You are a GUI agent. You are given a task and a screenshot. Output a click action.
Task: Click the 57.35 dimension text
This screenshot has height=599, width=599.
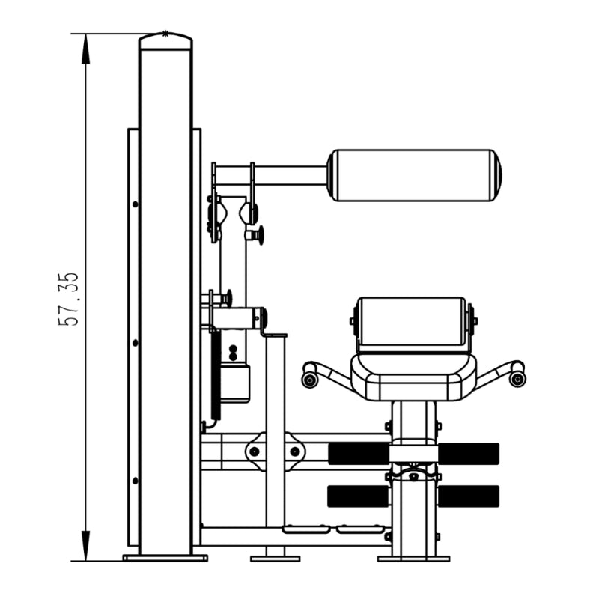[68, 299]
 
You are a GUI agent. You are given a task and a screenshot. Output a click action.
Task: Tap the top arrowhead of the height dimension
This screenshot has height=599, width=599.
[85, 49]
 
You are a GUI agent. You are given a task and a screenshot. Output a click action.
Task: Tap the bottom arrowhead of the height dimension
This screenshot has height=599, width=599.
[85, 546]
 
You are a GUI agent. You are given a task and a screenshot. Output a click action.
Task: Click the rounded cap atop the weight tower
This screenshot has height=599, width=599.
[165, 41]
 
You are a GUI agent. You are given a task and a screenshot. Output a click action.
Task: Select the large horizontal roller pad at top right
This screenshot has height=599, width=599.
[415, 175]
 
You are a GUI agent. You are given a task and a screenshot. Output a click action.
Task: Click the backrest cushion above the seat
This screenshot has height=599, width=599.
[412, 324]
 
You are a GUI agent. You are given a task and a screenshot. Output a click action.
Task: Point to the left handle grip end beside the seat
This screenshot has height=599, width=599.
[310, 380]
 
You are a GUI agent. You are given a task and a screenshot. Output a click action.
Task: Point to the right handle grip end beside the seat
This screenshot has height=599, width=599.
[517, 379]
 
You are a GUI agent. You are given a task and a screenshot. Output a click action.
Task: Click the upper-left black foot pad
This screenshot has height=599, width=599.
[359, 454]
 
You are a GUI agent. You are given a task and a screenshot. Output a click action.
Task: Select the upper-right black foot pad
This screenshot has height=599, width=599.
[469, 454]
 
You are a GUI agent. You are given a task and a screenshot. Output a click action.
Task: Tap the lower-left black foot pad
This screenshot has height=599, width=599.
[359, 496]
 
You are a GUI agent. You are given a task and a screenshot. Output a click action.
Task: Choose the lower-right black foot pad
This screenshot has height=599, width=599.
[469, 496]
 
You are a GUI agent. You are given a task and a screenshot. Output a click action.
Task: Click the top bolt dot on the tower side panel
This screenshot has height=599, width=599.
[136, 204]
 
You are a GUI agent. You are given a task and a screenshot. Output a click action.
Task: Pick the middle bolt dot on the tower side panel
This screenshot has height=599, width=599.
[136, 343]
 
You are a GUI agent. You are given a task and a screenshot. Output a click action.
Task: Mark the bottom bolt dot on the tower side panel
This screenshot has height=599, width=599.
[136, 481]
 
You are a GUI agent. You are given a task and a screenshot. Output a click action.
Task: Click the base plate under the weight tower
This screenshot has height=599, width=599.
[165, 558]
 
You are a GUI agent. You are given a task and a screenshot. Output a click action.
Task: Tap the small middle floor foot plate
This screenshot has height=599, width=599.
[275, 559]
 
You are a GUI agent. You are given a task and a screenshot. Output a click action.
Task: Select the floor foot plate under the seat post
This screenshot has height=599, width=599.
[413, 559]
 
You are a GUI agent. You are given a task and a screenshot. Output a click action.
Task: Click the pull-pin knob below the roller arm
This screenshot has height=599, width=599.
[256, 234]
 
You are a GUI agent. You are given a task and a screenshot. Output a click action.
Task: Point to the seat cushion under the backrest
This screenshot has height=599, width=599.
[414, 378]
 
